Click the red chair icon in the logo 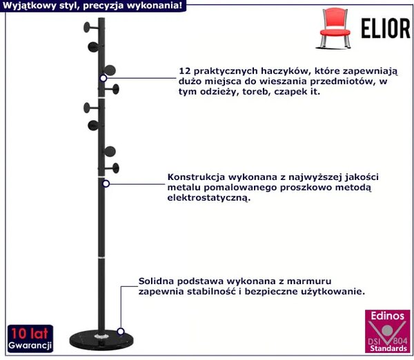click(335, 28)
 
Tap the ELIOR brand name click(386, 28)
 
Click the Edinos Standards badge click(387, 331)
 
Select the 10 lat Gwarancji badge click(30, 339)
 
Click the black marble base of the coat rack click(101, 341)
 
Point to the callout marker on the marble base click(121, 331)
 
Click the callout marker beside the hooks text click(103, 79)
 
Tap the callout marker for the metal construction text click(106, 183)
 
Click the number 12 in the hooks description click(185, 71)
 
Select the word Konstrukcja click(196, 177)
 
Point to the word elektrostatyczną click(208, 198)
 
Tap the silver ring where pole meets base click(101, 337)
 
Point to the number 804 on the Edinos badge click(400, 341)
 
